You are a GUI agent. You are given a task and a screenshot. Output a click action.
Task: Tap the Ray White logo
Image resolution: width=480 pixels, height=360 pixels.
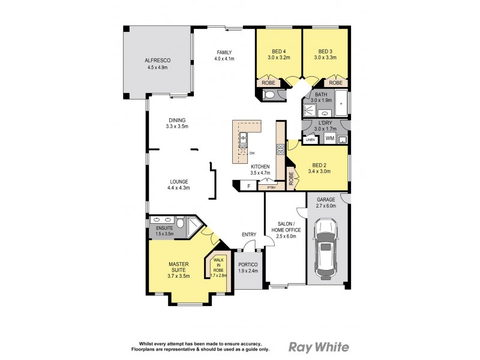[319, 347]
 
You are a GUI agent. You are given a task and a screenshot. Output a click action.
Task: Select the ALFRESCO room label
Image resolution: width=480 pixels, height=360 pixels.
[158, 61]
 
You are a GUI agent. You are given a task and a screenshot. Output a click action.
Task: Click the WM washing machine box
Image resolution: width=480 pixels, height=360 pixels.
[329, 139]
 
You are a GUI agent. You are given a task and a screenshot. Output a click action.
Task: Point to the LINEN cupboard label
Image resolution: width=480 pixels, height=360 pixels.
[310, 140]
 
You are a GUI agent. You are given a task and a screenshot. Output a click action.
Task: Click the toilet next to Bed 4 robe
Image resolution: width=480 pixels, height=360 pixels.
[269, 95]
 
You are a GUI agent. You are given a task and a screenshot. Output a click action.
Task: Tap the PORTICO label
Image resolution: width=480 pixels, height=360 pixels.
[248, 265]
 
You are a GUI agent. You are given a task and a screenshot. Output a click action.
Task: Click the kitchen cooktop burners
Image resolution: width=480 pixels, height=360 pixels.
[280, 149]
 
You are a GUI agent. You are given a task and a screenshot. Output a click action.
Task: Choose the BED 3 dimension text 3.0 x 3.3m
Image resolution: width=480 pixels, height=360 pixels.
[325, 58]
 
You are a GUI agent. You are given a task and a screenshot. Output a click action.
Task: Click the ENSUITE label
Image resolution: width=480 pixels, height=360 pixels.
[164, 228]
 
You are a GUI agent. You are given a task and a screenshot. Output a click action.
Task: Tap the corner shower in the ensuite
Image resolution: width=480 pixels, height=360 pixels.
[193, 226]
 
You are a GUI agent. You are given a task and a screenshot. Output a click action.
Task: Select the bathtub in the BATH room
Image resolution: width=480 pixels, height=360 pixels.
[341, 103]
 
